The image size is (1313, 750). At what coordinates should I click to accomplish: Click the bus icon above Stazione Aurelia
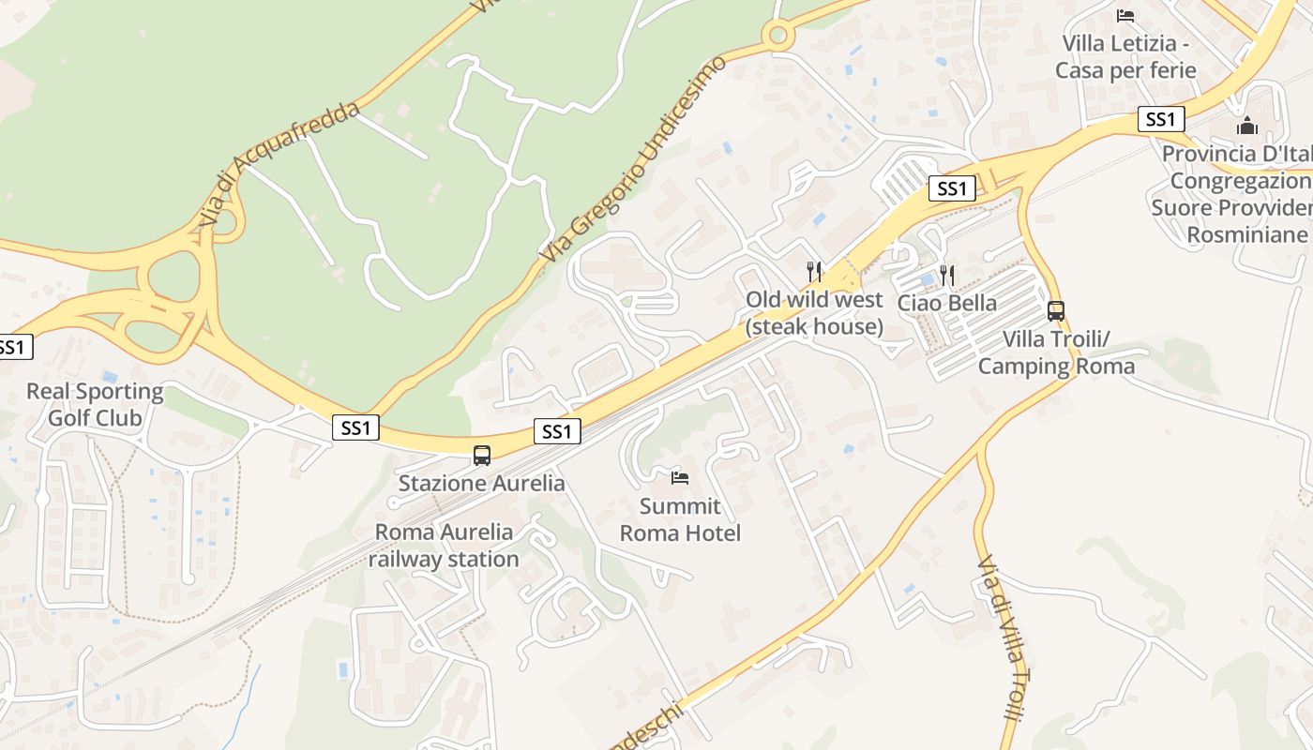click(482, 456)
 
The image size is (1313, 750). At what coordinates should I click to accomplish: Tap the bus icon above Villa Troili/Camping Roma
click(1056, 311)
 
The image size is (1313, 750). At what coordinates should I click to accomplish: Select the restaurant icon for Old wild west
click(814, 272)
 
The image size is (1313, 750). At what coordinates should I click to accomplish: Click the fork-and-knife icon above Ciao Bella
click(947, 276)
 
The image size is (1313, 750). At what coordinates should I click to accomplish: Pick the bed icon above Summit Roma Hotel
click(680, 478)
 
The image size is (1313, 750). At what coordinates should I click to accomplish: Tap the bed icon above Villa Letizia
click(1125, 16)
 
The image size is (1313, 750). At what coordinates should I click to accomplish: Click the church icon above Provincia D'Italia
click(1247, 126)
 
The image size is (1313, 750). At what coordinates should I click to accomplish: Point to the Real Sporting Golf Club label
click(95, 404)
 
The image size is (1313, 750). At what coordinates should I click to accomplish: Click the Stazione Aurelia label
click(482, 484)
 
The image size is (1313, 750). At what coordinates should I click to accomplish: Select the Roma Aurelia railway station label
click(444, 546)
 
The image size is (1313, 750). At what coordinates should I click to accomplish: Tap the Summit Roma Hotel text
click(681, 520)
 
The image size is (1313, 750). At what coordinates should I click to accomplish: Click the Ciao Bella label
click(947, 303)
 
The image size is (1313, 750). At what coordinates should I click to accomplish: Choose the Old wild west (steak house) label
click(814, 313)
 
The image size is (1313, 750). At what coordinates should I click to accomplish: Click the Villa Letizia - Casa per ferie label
click(1125, 56)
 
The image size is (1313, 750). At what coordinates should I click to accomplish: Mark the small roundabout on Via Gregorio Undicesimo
click(777, 37)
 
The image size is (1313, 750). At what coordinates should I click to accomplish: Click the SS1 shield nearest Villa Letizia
click(1161, 119)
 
